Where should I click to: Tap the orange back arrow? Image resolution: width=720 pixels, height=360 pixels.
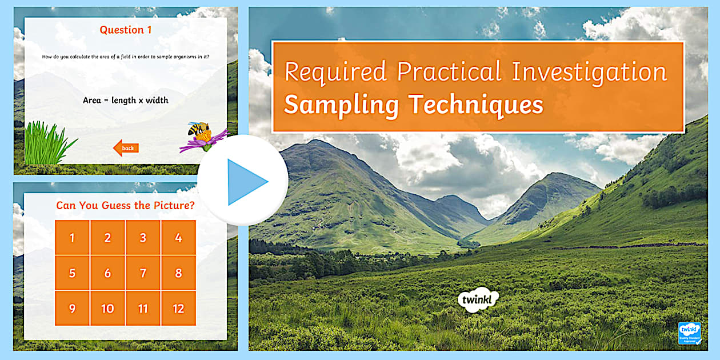(126, 149)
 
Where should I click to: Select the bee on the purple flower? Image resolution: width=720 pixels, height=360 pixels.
(198, 130)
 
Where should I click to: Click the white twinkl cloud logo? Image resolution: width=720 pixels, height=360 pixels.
(478, 299)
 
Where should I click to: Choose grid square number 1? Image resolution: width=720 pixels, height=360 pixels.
(72, 238)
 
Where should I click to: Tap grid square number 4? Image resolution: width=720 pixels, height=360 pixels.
(178, 238)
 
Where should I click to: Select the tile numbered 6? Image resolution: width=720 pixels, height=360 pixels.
(107, 273)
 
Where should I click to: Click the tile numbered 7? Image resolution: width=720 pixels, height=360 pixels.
(143, 273)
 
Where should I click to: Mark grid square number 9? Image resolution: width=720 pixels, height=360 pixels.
(72, 309)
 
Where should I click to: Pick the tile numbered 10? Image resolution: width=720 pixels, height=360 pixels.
(107, 309)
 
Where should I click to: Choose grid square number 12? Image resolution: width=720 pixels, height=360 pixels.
(178, 309)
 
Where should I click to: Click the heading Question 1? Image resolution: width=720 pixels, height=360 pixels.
(126, 30)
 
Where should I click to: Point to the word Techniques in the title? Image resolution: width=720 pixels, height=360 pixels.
(475, 105)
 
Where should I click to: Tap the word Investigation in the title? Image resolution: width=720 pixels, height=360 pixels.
(589, 73)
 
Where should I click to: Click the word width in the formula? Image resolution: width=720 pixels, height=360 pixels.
(157, 101)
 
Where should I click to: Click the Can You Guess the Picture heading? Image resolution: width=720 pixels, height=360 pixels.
(125, 206)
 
